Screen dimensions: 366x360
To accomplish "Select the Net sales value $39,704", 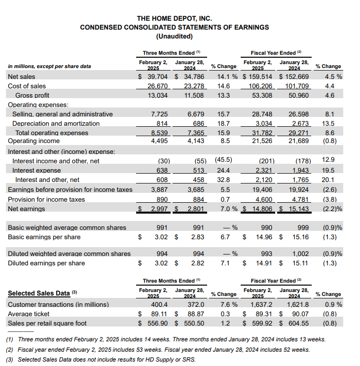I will [154, 76].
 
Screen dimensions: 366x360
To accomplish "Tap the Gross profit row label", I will [32, 95].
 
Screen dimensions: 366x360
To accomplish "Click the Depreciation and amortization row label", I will [56, 123].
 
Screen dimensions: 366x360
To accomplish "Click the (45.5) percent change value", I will [223, 160].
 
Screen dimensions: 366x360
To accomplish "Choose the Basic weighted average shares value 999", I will [302, 227].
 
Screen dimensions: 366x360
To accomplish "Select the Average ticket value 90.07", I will [299, 314].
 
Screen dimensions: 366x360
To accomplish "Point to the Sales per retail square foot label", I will [47, 323].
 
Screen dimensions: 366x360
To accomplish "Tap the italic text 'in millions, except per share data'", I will [49, 66].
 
